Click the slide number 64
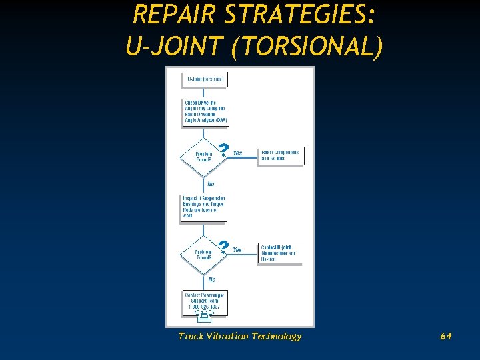pyautogui.click(x=445, y=336)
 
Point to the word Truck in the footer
pyautogui.click(x=192, y=336)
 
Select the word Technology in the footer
pyautogui.click(x=277, y=336)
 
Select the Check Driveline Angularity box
pyautogui.click(x=205, y=112)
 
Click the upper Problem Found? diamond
pyautogui.click(x=204, y=157)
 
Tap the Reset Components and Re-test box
pyautogui.click(x=280, y=155)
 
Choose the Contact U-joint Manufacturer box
pyautogui.click(x=280, y=253)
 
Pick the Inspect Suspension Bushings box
pyautogui.click(x=204, y=207)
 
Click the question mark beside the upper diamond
pyautogui.click(x=224, y=149)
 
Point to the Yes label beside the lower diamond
pyautogui.click(x=237, y=249)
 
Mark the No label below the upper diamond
pyautogui.click(x=211, y=183)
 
